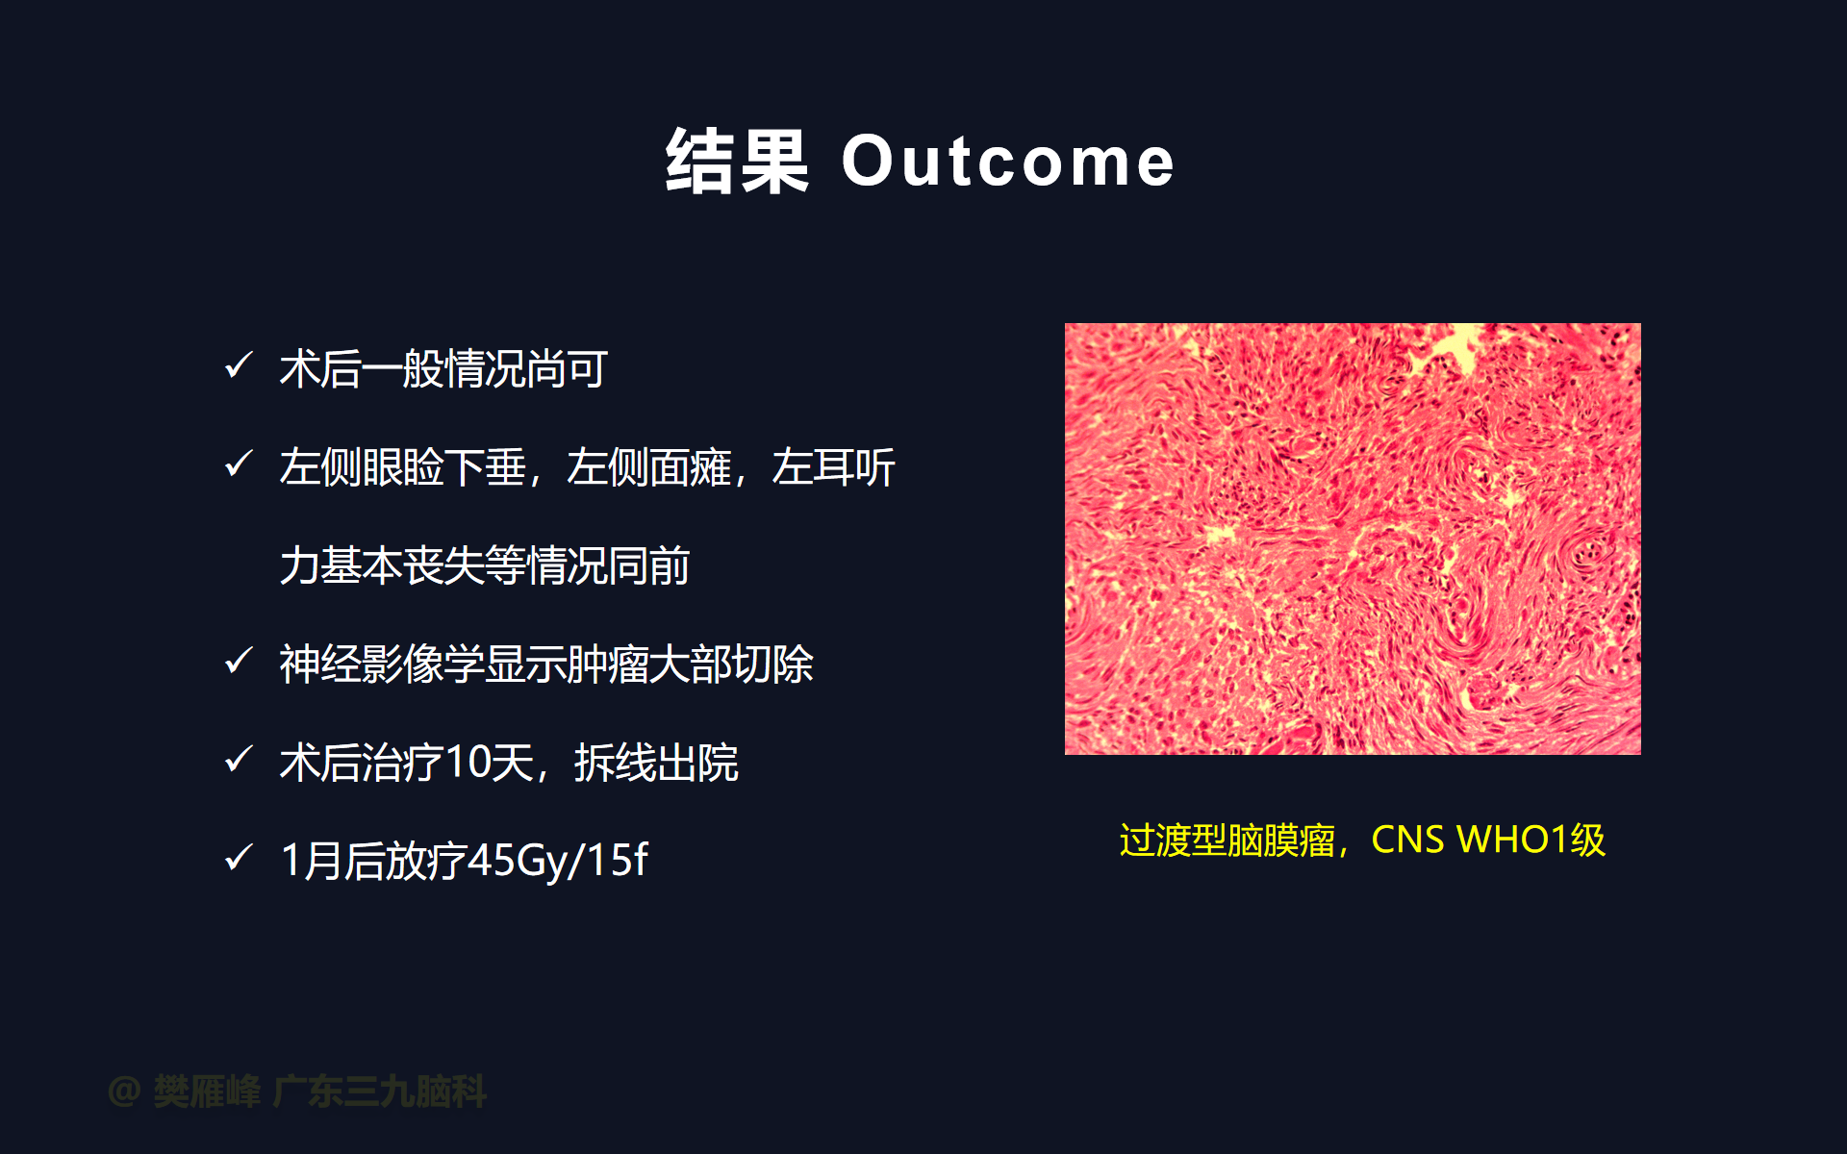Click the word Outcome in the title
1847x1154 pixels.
pyautogui.click(x=1008, y=161)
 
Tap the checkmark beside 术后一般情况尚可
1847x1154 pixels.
pyautogui.click(x=239, y=365)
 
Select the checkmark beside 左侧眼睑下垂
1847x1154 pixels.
pyautogui.click(x=239, y=464)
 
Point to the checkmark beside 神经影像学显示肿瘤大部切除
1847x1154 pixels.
pyautogui.click(x=239, y=661)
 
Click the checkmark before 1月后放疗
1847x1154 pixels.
pyautogui.click(x=239, y=857)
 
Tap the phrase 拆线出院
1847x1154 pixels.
pyautogui.click(x=656, y=763)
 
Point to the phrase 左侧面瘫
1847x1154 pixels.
pyautogui.click(x=648, y=468)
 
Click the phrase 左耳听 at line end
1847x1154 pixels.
pyautogui.click(x=833, y=468)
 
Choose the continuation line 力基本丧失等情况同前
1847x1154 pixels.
pyautogui.click(x=485, y=566)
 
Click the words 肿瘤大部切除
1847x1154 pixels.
pyautogui.click(x=690, y=665)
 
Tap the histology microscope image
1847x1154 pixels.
pyautogui.click(x=1353, y=539)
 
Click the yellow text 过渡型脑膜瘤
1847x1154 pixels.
pyautogui.click(x=1227, y=840)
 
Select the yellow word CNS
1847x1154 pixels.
pyautogui.click(x=1407, y=840)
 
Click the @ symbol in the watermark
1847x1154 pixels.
pyautogui.click(x=125, y=1091)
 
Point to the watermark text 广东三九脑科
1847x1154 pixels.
pyautogui.click(x=380, y=1091)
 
